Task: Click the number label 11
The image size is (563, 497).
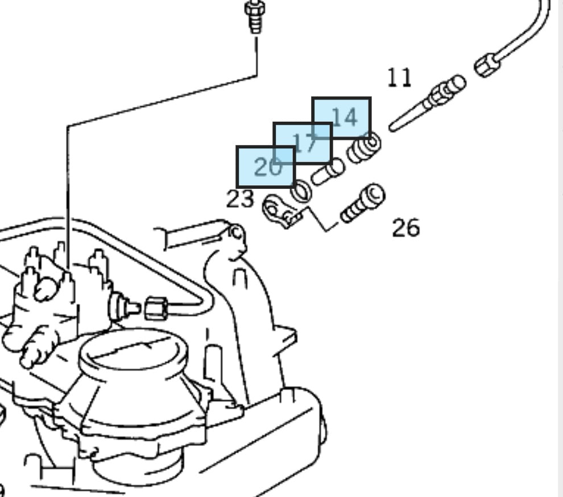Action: click(x=399, y=77)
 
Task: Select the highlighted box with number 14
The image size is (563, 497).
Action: click(x=342, y=117)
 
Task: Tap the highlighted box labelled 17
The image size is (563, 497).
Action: click(x=303, y=143)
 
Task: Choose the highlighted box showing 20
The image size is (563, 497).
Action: click(x=266, y=167)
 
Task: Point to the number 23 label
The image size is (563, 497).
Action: click(x=239, y=199)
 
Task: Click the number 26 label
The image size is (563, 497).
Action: click(x=405, y=227)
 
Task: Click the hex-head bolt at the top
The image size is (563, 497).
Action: click(x=254, y=16)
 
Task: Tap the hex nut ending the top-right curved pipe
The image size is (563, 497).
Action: click(x=487, y=65)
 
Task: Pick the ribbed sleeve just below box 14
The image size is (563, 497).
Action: click(x=364, y=148)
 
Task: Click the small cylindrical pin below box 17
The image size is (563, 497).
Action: click(x=328, y=171)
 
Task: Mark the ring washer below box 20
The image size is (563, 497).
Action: click(x=301, y=191)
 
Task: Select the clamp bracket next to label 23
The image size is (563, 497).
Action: click(x=279, y=210)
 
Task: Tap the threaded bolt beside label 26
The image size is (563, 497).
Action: click(x=362, y=204)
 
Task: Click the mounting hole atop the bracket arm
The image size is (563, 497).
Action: click(x=235, y=233)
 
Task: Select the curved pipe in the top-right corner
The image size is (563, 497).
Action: click(x=529, y=34)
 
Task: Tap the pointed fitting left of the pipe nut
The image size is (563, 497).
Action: click(x=123, y=308)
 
